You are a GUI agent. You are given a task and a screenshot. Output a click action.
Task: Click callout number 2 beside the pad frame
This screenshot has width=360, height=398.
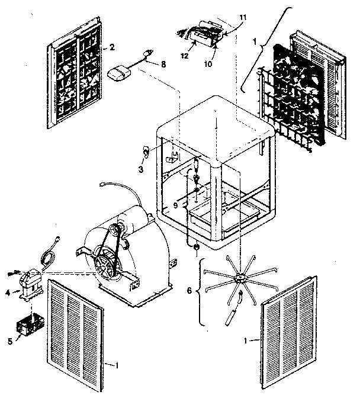112,47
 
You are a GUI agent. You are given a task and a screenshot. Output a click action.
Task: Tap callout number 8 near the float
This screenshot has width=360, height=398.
163,64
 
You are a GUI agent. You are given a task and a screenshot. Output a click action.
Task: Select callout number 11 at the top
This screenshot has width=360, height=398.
243,18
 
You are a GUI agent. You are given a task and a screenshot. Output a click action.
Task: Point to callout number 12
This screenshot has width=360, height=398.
185,56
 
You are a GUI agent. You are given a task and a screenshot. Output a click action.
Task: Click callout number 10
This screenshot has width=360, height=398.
208,64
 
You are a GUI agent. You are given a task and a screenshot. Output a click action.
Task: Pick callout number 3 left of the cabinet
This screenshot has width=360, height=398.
141,169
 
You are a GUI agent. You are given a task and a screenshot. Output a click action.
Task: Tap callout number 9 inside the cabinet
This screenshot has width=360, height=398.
176,205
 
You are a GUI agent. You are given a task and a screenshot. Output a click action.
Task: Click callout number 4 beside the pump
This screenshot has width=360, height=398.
8,293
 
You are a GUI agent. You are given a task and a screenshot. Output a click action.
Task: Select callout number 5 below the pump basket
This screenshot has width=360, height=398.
10,341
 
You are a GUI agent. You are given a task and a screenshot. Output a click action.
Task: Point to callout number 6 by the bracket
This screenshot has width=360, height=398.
189,290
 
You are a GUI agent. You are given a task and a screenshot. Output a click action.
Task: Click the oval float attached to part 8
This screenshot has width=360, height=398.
119,73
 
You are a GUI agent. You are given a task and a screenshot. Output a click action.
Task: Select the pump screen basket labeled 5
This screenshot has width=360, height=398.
30,325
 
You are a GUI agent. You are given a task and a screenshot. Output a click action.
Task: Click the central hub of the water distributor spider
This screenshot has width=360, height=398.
239,277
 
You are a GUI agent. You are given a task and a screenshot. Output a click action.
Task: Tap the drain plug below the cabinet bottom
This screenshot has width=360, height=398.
196,248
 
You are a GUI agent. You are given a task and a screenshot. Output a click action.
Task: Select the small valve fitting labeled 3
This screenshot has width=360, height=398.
145,151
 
